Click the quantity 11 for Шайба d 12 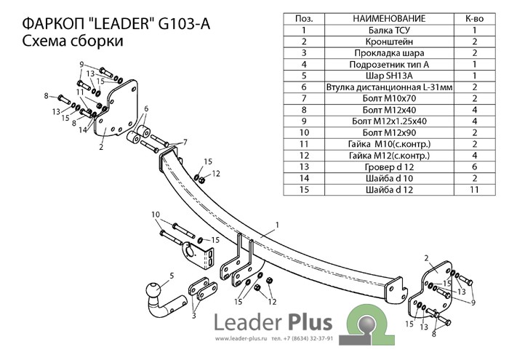tap(473, 190)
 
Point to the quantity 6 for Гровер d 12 tap(473, 167)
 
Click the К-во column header tap(473, 19)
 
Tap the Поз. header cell tap(303, 19)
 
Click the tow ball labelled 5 tap(156, 291)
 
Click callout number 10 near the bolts tap(155, 215)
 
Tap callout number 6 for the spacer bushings tap(146, 109)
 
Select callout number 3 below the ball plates tap(194, 316)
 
